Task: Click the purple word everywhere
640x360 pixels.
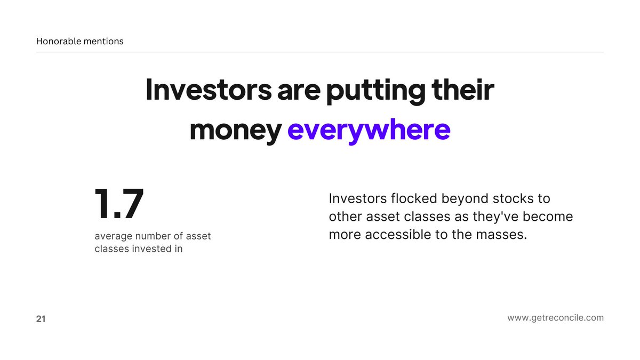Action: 369,130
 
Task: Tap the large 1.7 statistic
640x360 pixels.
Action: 119,204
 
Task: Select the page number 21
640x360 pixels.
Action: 41,319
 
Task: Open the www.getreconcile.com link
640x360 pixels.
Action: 555,318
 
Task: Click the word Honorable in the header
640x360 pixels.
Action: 59,41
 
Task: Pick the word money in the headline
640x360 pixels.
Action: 235,130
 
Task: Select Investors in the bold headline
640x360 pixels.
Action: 207,90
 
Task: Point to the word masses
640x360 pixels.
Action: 499,235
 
